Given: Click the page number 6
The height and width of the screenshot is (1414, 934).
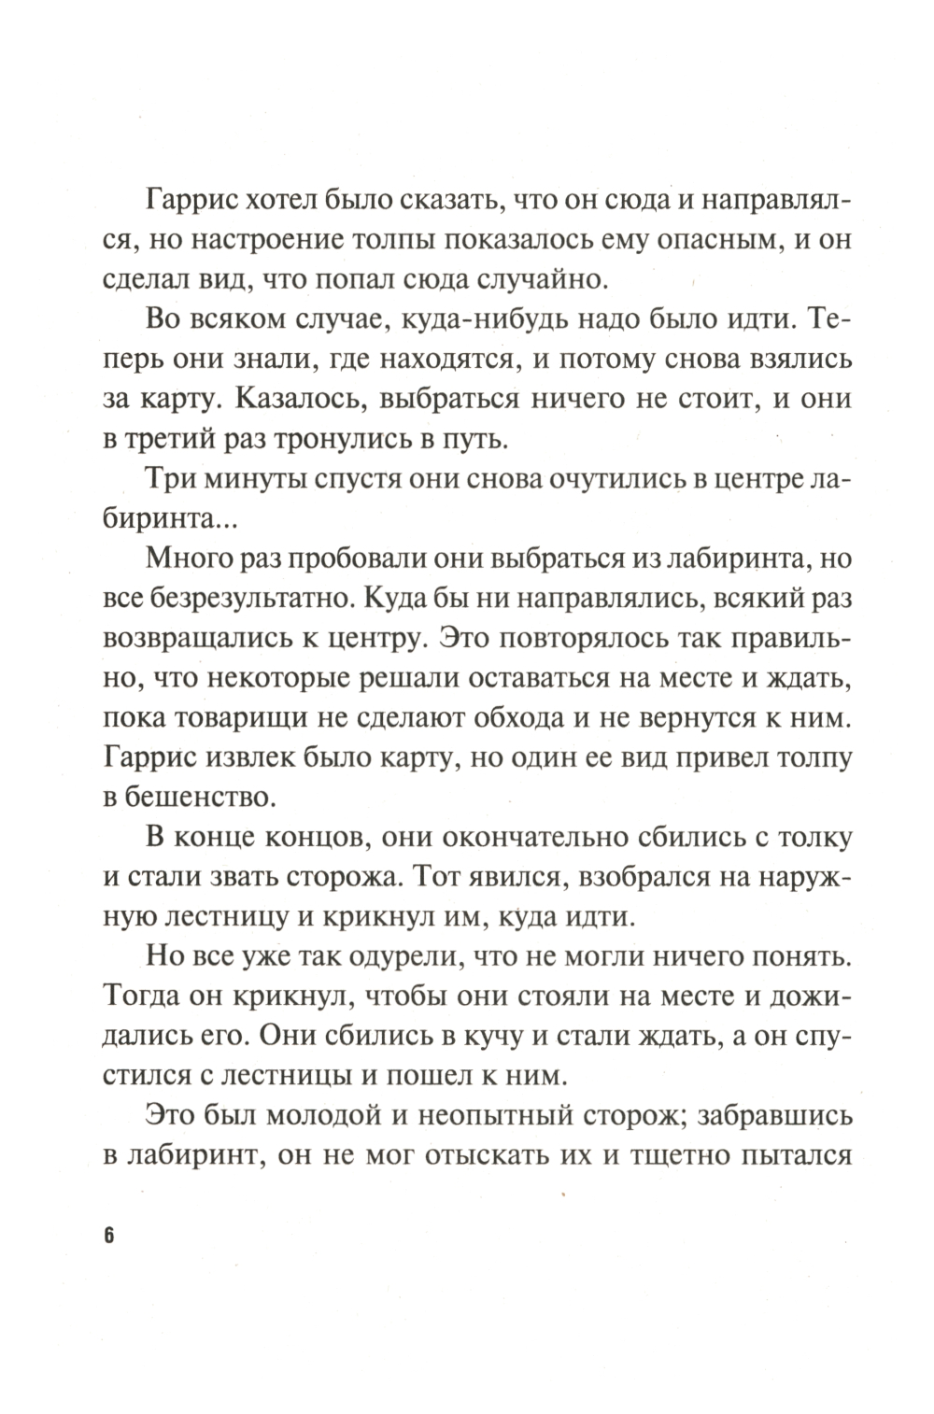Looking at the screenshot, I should pyautogui.click(x=108, y=1235).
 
